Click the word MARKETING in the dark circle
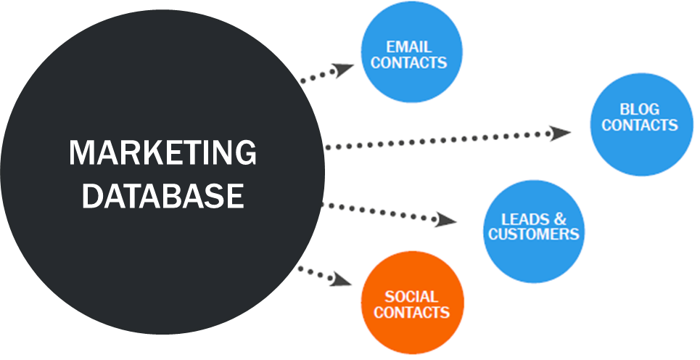point(162,153)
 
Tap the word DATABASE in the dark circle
point(162,195)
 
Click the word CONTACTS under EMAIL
point(408,62)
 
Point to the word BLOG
point(639,110)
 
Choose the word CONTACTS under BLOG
point(639,126)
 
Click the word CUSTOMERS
point(534,234)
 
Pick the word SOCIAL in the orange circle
point(411,297)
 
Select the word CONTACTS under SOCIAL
point(411,313)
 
